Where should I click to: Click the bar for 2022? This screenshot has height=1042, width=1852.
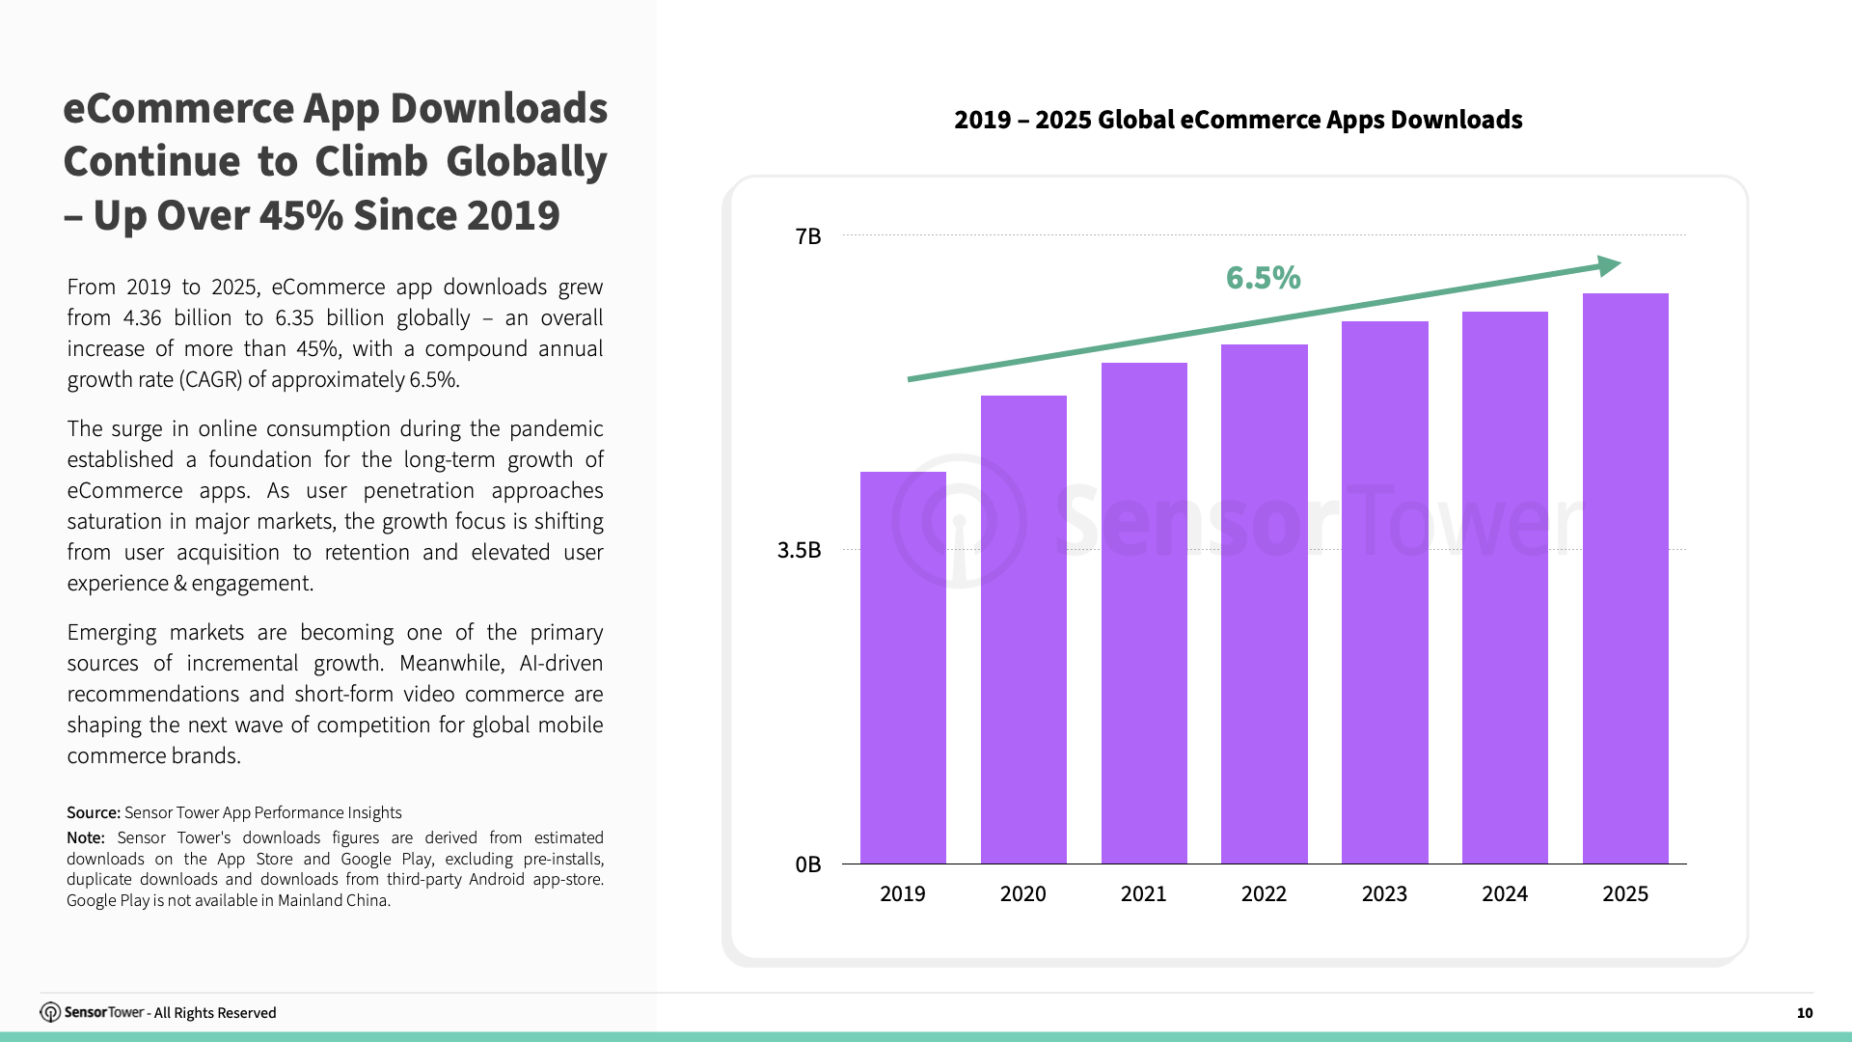click(1264, 604)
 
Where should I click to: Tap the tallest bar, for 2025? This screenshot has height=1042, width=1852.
click(1625, 579)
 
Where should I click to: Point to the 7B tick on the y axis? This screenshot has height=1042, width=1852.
click(808, 236)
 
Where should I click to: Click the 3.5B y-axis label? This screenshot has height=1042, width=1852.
click(799, 550)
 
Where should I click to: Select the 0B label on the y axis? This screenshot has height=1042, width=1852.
click(807, 864)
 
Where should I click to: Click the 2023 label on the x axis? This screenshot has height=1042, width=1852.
click(1384, 894)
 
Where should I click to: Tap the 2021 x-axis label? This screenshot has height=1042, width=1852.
click(1143, 894)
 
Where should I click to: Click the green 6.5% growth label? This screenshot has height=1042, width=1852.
click(1263, 278)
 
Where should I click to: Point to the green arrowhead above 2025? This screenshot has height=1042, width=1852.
click(1609, 265)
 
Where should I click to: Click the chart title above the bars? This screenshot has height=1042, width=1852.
click(1238, 120)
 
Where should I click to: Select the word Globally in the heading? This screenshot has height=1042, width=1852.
click(527, 161)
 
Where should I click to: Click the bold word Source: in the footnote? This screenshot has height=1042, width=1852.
click(94, 812)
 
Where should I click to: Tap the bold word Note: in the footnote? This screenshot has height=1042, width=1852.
click(86, 837)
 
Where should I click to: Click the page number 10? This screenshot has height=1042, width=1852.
click(1804, 1013)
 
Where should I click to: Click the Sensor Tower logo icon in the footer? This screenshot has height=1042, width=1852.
click(50, 1012)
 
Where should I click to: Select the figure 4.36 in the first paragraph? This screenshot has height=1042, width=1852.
click(143, 318)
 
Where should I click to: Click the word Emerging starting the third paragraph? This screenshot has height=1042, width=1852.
click(111, 633)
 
